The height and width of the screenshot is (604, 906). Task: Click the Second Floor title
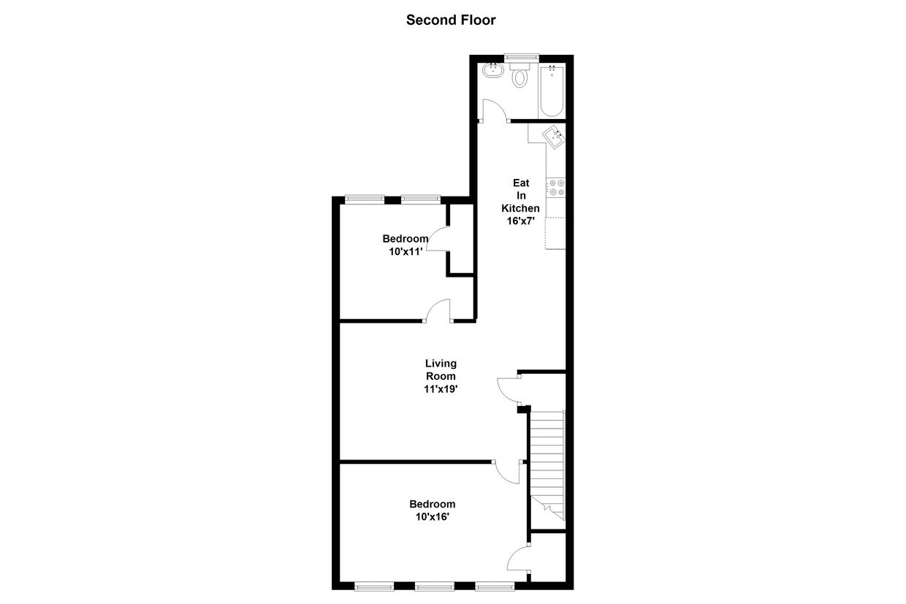[x=451, y=20]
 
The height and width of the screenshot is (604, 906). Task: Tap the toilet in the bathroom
[x=520, y=75]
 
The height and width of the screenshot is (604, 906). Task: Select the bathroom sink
[x=492, y=72]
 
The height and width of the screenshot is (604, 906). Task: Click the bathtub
[x=552, y=91]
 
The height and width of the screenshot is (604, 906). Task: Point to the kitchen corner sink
[x=553, y=136]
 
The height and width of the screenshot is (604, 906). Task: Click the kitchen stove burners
[x=555, y=188]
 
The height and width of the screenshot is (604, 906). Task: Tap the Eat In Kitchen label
[x=520, y=195]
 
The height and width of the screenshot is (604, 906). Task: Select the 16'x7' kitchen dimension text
[x=520, y=221]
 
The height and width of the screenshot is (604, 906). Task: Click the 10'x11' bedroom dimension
[x=406, y=252]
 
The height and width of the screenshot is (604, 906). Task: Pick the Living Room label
[x=441, y=370]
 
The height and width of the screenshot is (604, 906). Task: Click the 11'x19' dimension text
[x=441, y=389]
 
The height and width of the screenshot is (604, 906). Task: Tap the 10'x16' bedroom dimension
[x=432, y=517]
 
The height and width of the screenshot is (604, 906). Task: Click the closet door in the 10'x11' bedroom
[x=437, y=240]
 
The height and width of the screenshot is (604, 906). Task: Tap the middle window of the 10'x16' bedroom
[x=434, y=586]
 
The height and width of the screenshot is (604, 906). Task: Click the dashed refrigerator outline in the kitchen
[x=555, y=234]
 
